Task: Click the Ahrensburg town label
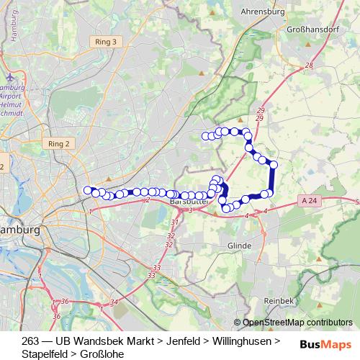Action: (x=266, y=12)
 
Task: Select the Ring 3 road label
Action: (x=105, y=42)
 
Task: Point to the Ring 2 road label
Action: (x=59, y=143)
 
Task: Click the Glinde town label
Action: (x=239, y=246)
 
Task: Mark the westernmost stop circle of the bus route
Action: (x=88, y=190)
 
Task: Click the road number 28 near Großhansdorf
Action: (x=309, y=66)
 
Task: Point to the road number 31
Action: (x=174, y=223)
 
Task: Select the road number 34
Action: (x=114, y=302)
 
